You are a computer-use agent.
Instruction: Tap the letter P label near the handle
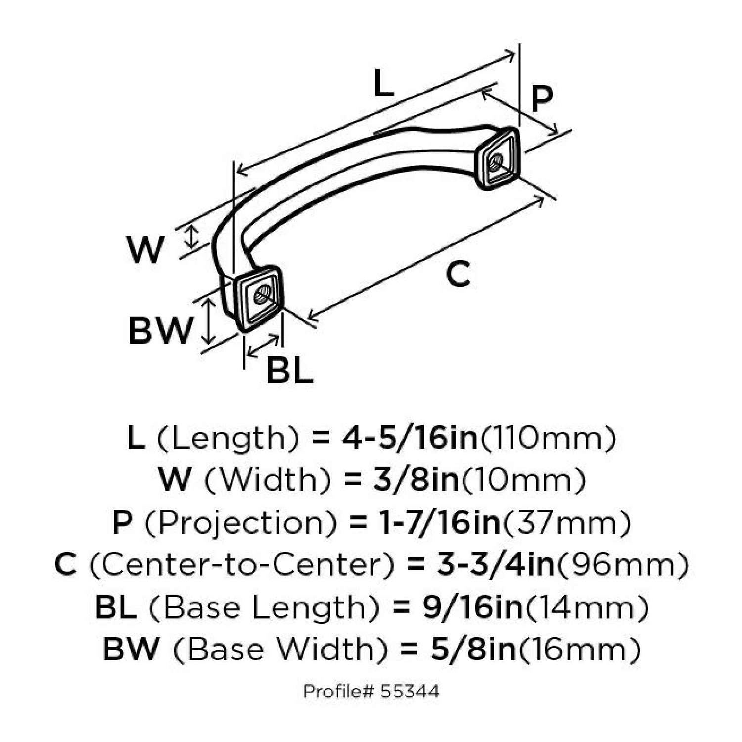pos(541,99)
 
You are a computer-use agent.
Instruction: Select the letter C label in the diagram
pos(458,275)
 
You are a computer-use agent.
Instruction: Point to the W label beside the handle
pos(144,250)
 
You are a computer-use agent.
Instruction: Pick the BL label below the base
pos(290,370)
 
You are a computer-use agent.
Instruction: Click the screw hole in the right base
pos(496,161)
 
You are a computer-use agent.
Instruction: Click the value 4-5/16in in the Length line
pos(410,438)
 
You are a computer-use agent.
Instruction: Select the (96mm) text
pos(622,564)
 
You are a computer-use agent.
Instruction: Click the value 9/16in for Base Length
pos(472,607)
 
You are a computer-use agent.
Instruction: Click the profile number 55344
pos(410,691)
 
